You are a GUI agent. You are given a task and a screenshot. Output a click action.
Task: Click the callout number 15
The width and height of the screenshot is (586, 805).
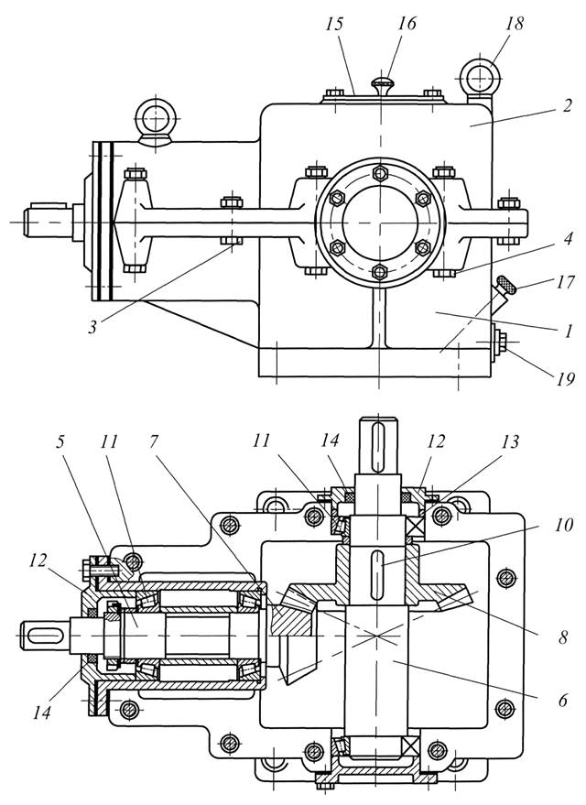pos(334,25)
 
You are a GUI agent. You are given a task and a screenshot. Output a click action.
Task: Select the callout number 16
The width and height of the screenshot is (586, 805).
pos(407,24)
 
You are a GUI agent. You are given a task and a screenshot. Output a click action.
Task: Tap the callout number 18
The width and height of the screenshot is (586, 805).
pos(515,24)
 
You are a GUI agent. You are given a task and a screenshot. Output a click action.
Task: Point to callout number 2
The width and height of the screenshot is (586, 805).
pos(566,105)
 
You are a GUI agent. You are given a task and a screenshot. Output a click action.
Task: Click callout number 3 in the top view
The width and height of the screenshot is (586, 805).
pos(92,327)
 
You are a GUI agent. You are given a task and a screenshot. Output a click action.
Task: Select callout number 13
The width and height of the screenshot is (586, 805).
pos(510,442)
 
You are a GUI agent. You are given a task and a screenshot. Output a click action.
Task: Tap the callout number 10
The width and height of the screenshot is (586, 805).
pos(563,525)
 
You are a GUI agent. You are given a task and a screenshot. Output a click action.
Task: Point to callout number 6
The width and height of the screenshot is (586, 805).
pos(563,700)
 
